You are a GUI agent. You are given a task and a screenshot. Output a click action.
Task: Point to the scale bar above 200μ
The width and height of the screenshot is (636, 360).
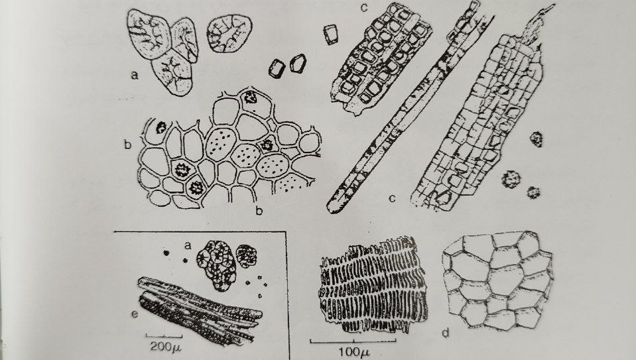coord(164,335)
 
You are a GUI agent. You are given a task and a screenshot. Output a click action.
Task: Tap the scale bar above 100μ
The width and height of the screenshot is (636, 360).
coord(353,341)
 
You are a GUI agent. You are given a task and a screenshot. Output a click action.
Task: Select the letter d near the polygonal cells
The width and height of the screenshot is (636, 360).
coord(446,333)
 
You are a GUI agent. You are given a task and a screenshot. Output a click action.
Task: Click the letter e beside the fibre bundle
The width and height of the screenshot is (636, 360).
coord(134,314)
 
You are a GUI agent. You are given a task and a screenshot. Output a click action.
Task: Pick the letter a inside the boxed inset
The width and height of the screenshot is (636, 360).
coord(188,245)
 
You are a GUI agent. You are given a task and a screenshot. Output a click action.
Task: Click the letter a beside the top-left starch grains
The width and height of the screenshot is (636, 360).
coord(134,75)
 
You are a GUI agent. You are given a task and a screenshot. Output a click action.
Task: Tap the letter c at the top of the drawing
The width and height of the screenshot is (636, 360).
coord(365,8)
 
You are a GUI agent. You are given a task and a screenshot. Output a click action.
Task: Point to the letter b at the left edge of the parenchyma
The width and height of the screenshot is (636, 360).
coord(128,144)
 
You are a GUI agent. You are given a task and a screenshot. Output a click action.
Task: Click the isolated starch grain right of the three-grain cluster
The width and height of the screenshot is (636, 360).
coord(229,34)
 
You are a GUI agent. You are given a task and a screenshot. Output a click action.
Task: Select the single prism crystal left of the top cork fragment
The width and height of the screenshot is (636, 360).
coord(332,34)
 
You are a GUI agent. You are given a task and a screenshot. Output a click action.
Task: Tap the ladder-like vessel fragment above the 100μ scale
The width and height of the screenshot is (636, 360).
coord(373,284)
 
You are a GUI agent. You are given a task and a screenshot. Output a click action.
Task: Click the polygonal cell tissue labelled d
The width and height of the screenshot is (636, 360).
coord(497,280)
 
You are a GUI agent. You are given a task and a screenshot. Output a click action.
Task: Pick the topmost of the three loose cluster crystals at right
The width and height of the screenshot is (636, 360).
coord(537,139)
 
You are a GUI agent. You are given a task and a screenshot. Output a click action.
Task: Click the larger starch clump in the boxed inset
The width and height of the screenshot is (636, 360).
coord(217,266)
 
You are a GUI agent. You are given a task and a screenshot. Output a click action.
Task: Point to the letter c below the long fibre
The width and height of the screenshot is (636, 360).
coord(392,198)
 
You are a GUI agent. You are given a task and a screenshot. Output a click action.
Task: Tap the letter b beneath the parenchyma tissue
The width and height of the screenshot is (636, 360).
coord(259,211)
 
